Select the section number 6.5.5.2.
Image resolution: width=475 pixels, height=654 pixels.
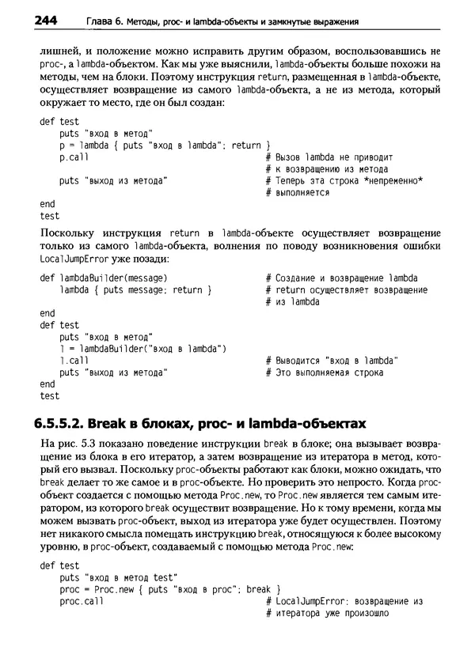66,422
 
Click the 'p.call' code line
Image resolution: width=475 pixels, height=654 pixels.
74,157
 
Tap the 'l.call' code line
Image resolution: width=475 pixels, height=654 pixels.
74,360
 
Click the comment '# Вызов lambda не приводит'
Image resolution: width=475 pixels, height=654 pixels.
329,157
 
